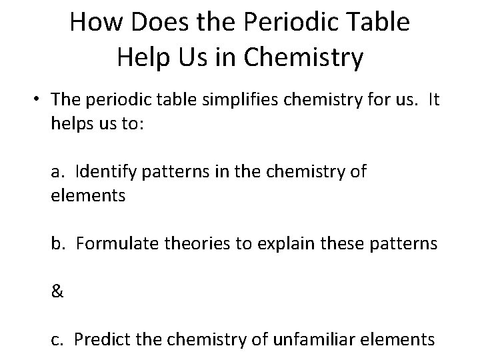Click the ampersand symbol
[57, 292]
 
